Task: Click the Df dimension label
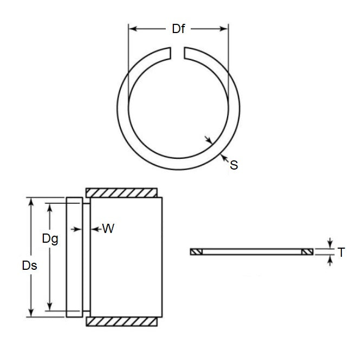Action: [178, 29]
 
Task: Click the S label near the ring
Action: [234, 165]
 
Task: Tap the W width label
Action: [108, 229]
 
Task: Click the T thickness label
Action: [341, 252]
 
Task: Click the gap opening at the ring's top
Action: [178, 53]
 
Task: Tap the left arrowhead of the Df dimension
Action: [132, 29]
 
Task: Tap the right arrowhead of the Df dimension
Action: [224, 29]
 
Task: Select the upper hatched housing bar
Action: [122, 193]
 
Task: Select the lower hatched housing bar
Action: [122, 321]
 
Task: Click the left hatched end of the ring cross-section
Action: [196, 252]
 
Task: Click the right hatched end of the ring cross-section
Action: [307, 252]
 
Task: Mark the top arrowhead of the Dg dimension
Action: [50, 207]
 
